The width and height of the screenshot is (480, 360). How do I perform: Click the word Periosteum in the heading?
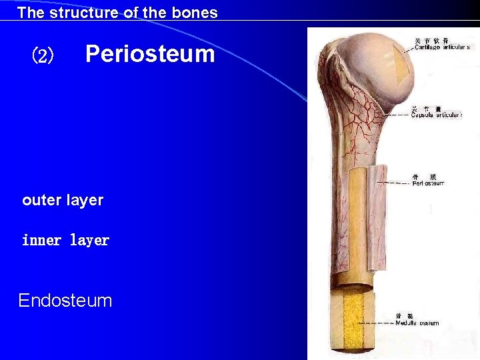pos(150,53)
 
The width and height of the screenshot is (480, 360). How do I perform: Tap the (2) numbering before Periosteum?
pos(43,56)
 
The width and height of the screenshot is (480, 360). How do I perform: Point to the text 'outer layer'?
pos(63,200)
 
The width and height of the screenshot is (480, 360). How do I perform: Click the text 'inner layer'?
pos(65,240)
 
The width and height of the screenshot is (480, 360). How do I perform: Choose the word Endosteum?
pos(65,301)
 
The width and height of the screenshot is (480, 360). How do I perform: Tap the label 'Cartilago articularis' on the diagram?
pos(442,47)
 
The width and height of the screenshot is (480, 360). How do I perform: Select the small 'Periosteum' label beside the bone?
pos(428,183)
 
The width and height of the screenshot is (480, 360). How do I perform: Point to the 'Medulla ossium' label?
pos(417,323)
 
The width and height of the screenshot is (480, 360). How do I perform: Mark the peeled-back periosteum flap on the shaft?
pos(377,213)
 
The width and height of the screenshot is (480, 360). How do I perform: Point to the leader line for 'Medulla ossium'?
pos(377,323)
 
